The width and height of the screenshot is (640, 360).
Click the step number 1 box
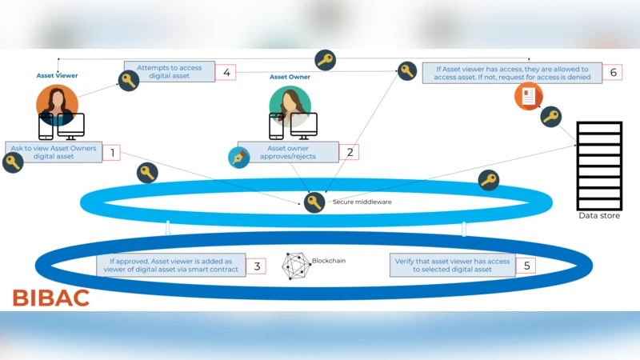[x=111, y=152]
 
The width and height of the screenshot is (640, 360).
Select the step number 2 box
[x=348, y=151]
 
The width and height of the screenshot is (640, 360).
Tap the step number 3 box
[x=257, y=266]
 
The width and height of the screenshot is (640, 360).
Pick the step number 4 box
[x=227, y=72]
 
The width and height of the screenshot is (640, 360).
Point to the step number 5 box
[x=526, y=266]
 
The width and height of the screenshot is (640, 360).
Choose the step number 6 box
[x=613, y=73]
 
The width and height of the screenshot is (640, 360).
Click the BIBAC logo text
[x=50, y=298]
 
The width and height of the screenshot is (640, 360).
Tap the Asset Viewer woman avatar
[x=57, y=103]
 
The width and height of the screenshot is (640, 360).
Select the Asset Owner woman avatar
[x=289, y=103]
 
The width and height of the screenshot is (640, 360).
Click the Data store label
[x=599, y=216]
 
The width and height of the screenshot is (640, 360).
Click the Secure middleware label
[x=362, y=202]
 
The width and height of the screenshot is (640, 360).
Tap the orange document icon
[x=528, y=98]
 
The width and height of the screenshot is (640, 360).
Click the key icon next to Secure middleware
[x=314, y=202]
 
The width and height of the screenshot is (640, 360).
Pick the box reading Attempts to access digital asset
[x=169, y=72]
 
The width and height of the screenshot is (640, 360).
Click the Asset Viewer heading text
[x=57, y=76]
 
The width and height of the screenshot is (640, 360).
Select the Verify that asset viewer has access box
[x=452, y=266]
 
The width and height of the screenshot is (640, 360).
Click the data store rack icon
[x=599, y=166]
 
